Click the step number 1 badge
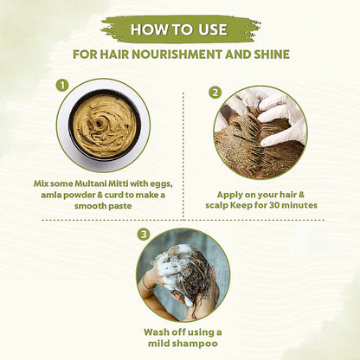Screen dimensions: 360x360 62,87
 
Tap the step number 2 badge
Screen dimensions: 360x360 215,92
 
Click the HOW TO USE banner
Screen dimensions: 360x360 180,29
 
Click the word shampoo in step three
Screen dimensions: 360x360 196,344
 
